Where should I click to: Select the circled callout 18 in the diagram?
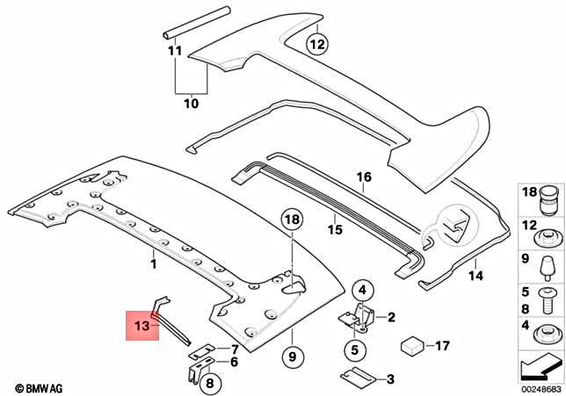tap(292, 220)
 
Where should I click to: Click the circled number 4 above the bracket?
tap(363, 289)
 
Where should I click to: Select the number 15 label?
tap(334, 230)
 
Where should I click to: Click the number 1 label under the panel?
tap(152, 262)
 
